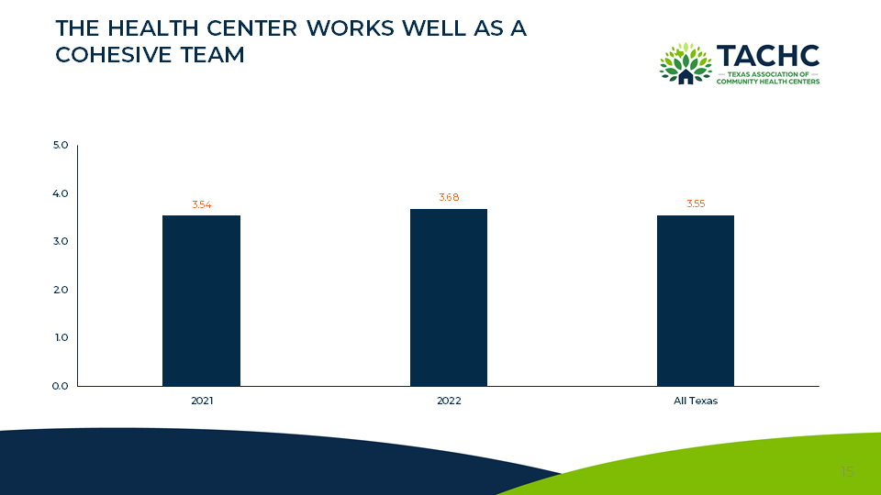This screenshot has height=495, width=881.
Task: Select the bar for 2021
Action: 201,301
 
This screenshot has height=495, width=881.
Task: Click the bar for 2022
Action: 449,297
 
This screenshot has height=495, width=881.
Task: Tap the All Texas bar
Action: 696,301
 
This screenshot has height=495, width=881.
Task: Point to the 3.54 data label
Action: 201,204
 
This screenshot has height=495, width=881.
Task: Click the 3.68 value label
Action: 449,197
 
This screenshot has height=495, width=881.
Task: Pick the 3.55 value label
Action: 696,203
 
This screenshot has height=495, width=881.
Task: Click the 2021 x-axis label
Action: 201,401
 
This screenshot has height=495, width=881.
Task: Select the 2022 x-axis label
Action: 449,401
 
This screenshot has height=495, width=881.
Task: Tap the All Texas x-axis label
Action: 696,401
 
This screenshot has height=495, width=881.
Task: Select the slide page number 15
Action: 846,471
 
